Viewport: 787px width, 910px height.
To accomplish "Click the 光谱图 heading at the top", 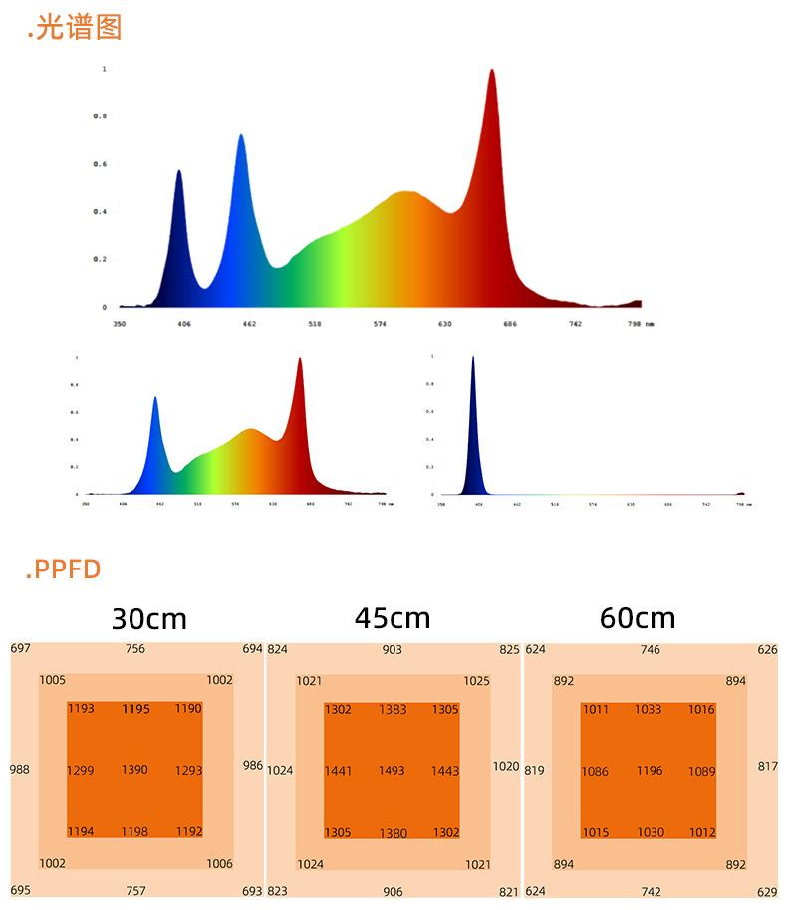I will (x=75, y=27).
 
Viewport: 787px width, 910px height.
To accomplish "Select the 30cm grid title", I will (x=149, y=619).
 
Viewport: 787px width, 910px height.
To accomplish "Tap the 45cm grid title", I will (x=393, y=618).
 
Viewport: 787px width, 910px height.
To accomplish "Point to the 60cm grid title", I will (x=638, y=618).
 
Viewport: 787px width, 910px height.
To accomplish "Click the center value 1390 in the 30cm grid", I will (x=135, y=770).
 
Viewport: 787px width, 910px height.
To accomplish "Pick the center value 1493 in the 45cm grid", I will (x=393, y=771).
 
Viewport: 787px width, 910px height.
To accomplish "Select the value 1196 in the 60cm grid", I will (x=649, y=771).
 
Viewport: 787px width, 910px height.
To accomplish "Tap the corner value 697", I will (x=21, y=649).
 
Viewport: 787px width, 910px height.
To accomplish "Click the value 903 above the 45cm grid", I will (x=393, y=650).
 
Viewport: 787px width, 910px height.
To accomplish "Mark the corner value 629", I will (x=767, y=892).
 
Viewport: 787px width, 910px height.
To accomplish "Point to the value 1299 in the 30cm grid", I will (x=81, y=771).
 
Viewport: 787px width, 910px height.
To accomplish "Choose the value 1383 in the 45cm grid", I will (x=393, y=710).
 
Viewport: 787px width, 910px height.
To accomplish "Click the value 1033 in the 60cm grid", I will (x=649, y=710).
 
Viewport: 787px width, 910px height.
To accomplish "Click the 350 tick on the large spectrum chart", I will (x=119, y=324).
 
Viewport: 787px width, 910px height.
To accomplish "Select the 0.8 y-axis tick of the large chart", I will (x=100, y=116).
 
